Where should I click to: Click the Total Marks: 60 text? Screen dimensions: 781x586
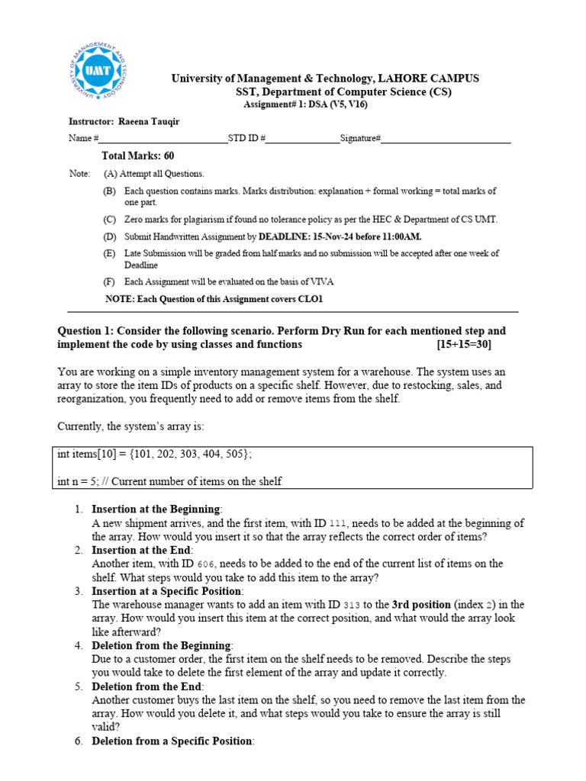[x=137, y=156]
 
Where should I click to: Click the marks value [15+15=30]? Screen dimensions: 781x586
[x=464, y=344]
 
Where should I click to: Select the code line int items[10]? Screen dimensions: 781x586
[x=154, y=454]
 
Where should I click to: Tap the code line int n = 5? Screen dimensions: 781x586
[x=169, y=481]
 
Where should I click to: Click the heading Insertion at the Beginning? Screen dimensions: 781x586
[x=156, y=509]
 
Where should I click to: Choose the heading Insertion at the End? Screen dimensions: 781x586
[x=142, y=550]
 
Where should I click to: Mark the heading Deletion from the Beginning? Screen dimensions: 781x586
[x=161, y=645]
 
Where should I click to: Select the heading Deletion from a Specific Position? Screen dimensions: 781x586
[x=172, y=741]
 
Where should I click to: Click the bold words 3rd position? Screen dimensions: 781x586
[x=423, y=605]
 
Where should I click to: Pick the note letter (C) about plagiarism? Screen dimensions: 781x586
[x=110, y=220]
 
